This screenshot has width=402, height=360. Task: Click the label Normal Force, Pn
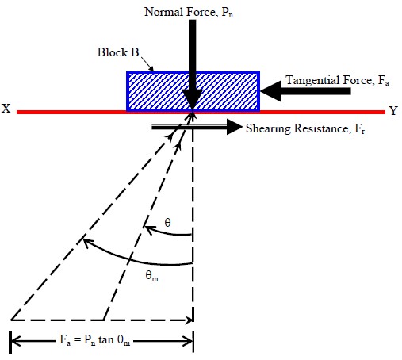tap(189, 12)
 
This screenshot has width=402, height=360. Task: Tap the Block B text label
tap(118, 52)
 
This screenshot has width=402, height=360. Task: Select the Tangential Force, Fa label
tap(337, 80)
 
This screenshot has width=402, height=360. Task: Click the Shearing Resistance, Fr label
tap(305, 129)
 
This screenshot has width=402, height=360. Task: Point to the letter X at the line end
tap(6, 109)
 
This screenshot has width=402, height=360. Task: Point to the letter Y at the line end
tap(393, 110)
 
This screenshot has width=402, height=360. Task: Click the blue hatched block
tap(193, 91)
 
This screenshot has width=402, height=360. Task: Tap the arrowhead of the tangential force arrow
tap(270, 91)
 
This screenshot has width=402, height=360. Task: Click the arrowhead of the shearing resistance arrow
tap(235, 127)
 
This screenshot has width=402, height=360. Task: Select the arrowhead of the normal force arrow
tap(193, 100)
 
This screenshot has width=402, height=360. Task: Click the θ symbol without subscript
tap(167, 223)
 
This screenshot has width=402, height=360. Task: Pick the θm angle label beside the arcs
tap(152, 276)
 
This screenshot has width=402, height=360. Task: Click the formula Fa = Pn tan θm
tap(95, 339)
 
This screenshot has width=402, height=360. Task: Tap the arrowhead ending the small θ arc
tap(148, 230)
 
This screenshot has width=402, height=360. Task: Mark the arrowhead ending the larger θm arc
tap(88, 243)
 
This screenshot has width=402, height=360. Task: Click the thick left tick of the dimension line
tap(10, 342)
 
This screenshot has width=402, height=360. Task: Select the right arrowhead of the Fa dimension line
tap(189, 341)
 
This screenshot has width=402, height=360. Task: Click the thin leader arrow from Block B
tap(147, 64)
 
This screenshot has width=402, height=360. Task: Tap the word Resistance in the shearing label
tap(321, 128)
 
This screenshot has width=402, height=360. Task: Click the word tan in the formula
tap(106, 339)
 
